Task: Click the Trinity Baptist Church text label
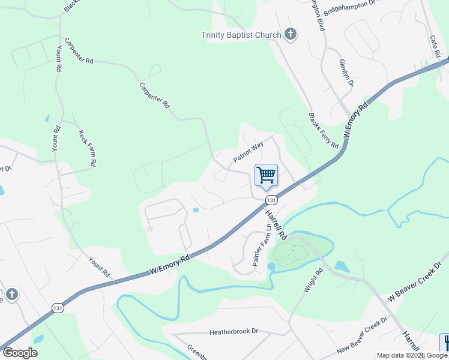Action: click(241, 35)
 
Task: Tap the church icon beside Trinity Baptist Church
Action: click(290, 34)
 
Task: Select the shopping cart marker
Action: click(266, 175)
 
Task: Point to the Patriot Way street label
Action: click(249, 152)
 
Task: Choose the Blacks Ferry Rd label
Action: click(324, 130)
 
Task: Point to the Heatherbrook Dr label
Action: click(234, 331)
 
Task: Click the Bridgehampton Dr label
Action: click(349, 8)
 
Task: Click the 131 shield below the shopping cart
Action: click(271, 200)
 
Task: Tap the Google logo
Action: click(20, 353)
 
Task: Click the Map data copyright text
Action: click(411, 355)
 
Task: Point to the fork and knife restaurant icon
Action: click(445, 343)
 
